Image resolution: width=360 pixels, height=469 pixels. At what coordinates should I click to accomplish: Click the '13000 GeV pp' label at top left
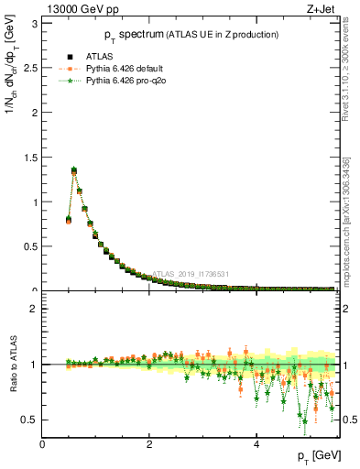pos(75,10)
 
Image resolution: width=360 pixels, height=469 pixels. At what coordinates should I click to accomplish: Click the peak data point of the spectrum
pos(74,169)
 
